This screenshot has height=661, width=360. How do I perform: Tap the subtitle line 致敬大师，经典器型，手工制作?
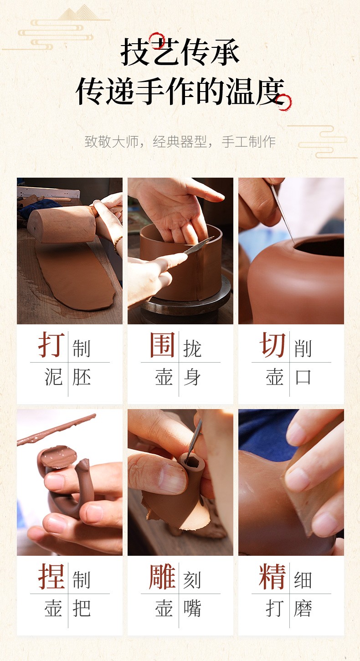180,142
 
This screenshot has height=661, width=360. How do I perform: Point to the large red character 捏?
51,576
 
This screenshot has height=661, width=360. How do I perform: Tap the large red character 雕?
162,576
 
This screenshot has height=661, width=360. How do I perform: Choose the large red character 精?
273,576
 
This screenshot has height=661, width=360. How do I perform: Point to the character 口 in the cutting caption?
303,377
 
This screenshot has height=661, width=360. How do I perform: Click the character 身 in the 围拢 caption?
192,377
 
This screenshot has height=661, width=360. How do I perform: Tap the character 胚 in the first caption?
82,377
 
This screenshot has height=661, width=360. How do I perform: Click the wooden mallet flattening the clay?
63,224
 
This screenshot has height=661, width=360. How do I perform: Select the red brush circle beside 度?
284,102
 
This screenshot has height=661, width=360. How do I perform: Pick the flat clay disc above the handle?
58,457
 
